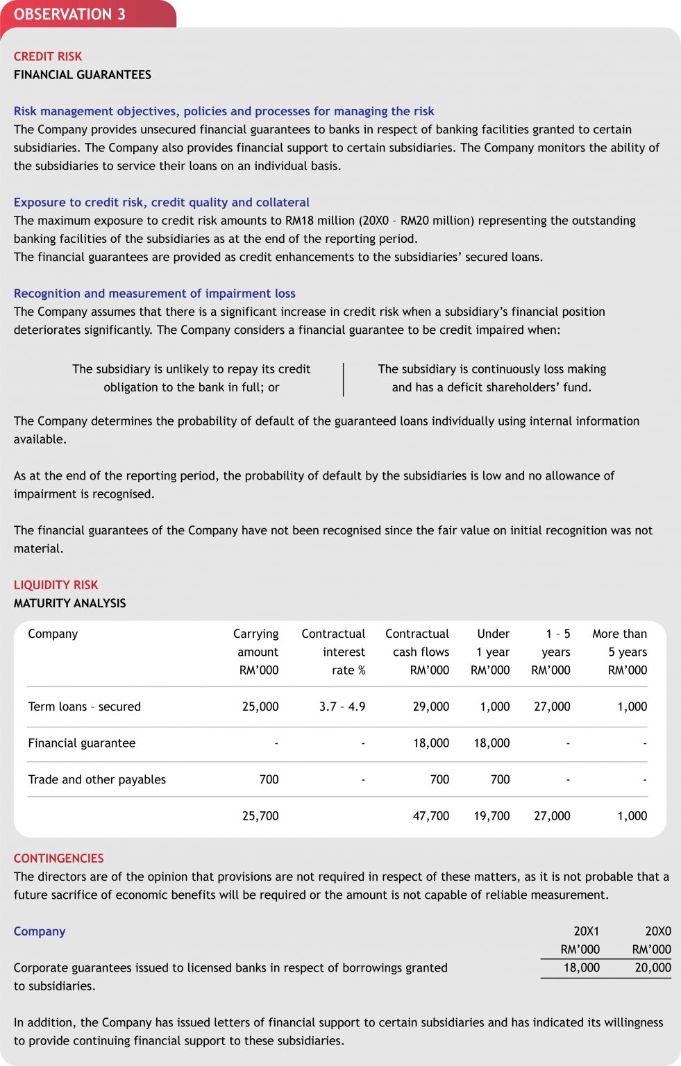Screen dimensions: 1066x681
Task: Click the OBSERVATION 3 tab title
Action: pyautogui.click(x=69, y=15)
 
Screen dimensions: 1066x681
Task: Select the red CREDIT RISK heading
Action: pyautogui.click(x=48, y=56)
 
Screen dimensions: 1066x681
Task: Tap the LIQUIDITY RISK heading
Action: pyautogui.click(x=56, y=585)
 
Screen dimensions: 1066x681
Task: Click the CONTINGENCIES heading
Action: pyautogui.click(x=58, y=858)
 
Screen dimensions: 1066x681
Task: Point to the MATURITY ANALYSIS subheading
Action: pyautogui.click(x=69, y=603)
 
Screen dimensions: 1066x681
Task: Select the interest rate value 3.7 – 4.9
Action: pyautogui.click(x=342, y=707)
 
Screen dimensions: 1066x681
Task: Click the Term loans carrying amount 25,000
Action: pyautogui.click(x=260, y=707)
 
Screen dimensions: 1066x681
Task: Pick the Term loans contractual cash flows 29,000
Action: pyautogui.click(x=431, y=707)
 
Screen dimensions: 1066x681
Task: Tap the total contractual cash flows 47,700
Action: pyautogui.click(x=431, y=816)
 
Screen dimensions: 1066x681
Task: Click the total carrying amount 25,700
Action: pyautogui.click(x=260, y=816)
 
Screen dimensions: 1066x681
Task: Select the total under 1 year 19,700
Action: pyautogui.click(x=491, y=816)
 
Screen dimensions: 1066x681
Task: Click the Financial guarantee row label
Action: pyautogui.click(x=82, y=743)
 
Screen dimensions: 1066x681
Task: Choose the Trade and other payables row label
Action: pyautogui.click(x=97, y=779)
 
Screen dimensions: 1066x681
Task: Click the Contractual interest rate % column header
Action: pyautogui.click(x=334, y=652)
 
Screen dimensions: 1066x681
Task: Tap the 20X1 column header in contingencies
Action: pyautogui.click(x=586, y=931)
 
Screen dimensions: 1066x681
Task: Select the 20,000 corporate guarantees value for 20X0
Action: pyautogui.click(x=653, y=967)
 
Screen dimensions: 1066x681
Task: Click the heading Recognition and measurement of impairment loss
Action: pyautogui.click(x=155, y=294)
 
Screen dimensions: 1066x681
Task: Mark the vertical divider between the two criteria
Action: pyautogui.click(x=344, y=379)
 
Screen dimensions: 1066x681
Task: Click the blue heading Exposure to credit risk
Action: pyautogui.click(x=162, y=203)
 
